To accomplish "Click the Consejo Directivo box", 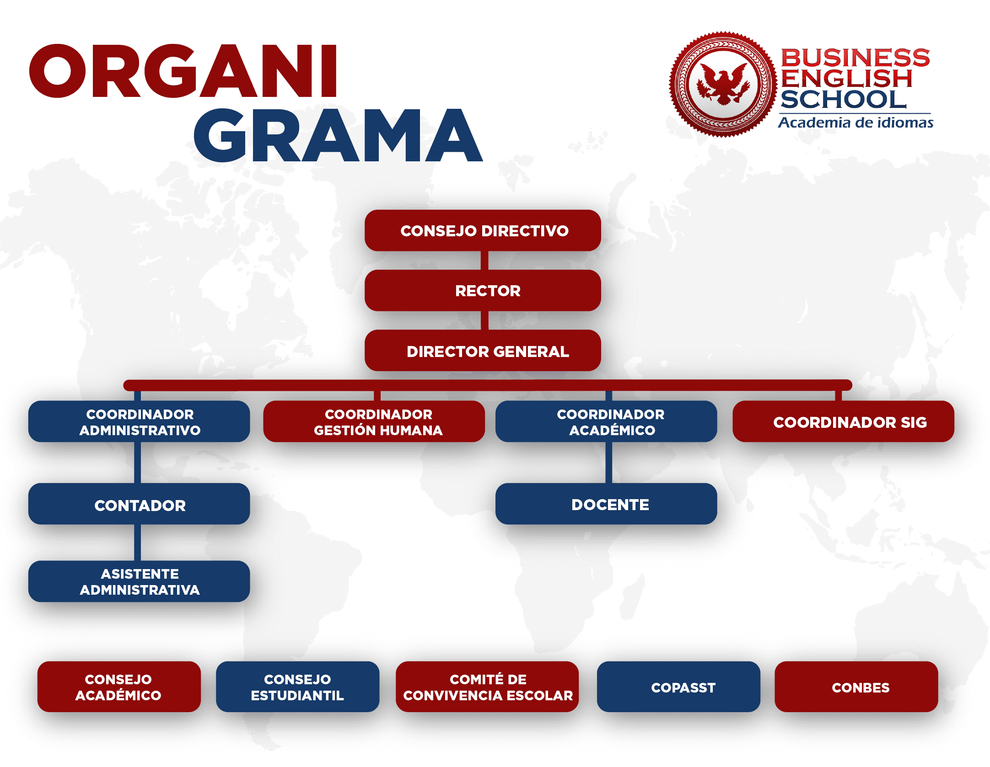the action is [x=483, y=230].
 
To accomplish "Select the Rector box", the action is [x=483, y=290].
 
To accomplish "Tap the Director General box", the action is [x=483, y=351].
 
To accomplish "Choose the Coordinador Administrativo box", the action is [x=139, y=421].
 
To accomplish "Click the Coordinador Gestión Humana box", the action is [x=374, y=421].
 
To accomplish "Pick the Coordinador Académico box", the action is [x=606, y=421].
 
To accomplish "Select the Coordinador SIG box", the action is [x=843, y=421].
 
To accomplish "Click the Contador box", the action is [x=139, y=504].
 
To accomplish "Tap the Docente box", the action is [x=606, y=504].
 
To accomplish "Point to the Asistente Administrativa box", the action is [x=139, y=581].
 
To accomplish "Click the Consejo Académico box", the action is [x=119, y=687].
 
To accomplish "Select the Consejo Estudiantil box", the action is [x=297, y=687].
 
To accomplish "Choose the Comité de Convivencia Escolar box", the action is [x=487, y=687].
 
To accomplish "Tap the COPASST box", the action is [x=678, y=687].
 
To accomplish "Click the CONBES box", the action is [x=856, y=687].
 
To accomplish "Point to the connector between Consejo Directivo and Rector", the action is [x=484, y=261].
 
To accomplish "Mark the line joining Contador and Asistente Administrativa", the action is [x=137, y=543].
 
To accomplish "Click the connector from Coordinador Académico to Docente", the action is [x=609, y=463].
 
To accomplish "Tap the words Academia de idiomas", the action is [x=855, y=123].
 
